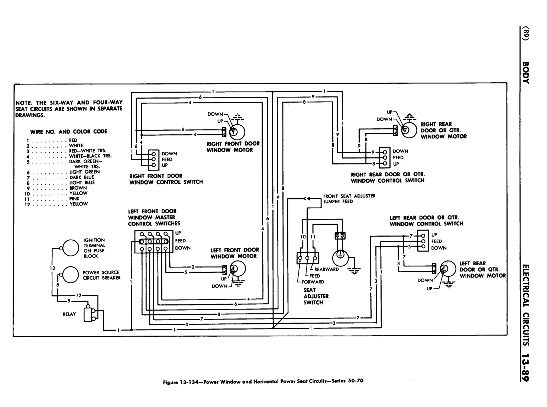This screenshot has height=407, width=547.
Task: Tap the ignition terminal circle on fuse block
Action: pyautogui.click(x=68, y=248)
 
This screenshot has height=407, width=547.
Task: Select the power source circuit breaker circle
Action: pyautogui.click(x=68, y=275)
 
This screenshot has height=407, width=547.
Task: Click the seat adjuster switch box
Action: pyautogui.click(x=308, y=258)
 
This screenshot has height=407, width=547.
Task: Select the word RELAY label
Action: pyautogui.click(x=69, y=314)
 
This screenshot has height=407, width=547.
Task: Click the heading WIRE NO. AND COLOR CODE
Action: pyautogui.click(x=69, y=131)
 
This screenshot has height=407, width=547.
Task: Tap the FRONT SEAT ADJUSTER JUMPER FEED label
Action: pyautogui.click(x=349, y=199)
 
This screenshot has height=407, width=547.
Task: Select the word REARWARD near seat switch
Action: pyautogui.click(x=326, y=269)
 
